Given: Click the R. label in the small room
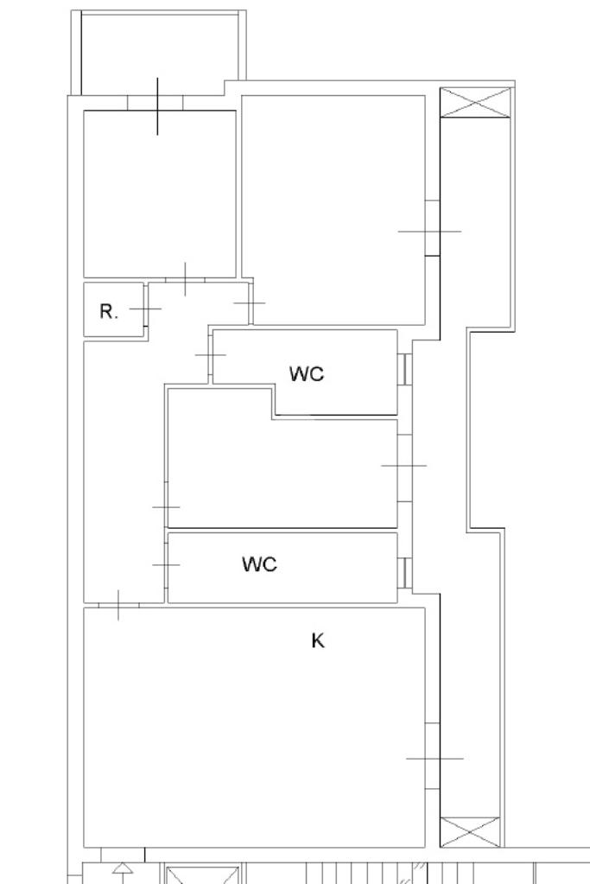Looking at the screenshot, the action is click(x=109, y=312).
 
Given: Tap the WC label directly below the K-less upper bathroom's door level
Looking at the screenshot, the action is click(x=306, y=373).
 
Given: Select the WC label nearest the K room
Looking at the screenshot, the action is click(x=259, y=564).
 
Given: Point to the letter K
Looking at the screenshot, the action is click(x=318, y=640).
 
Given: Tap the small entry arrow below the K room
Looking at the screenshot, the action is click(x=122, y=869).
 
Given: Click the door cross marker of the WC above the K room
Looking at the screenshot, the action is click(x=166, y=564).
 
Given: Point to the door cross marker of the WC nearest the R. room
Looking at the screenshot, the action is click(x=210, y=354).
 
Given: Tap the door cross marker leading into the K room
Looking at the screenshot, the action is click(x=117, y=605).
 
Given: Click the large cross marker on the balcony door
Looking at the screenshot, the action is click(x=157, y=105).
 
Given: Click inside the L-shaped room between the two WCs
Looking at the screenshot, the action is click(x=285, y=475).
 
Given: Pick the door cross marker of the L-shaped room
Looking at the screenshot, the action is click(x=166, y=507).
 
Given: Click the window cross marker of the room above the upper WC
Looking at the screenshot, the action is click(x=429, y=231).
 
